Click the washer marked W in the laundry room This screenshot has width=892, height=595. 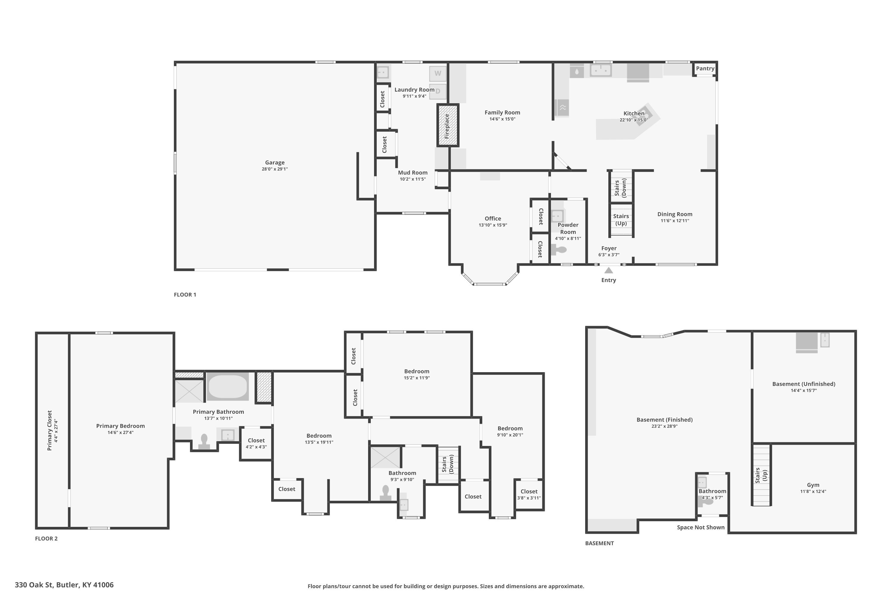click(438, 73)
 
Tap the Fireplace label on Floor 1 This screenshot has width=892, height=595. click(447, 126)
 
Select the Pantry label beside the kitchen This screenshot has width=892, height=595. click(705, 68)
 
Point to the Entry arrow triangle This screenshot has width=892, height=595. click(608, 270)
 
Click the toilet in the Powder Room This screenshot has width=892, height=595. click(559, 250)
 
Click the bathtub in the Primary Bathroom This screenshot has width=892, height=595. click(227, 386)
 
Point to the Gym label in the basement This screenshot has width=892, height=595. click(813, 485)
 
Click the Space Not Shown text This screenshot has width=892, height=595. click(701, 527)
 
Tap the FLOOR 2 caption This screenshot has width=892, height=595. click(46, 538)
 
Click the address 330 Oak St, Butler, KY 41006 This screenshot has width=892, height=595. click(64, 585)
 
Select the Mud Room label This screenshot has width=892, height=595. click(413, 172)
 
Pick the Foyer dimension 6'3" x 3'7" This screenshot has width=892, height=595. click(609, 255)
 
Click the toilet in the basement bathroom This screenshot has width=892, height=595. click(705, 502)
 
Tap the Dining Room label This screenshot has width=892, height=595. click(675, 214)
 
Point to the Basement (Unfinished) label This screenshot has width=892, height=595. click(804, 384)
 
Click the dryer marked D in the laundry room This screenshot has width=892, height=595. click(438, 91)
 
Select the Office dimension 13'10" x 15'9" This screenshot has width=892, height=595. click(493, 225)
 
